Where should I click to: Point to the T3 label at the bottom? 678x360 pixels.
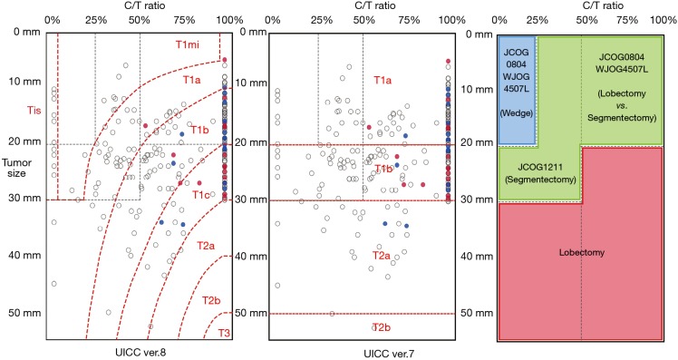[x=222, y=335]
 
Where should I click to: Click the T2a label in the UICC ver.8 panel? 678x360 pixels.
[x=206, y=245]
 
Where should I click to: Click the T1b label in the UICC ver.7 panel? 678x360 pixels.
[x=383, y=168]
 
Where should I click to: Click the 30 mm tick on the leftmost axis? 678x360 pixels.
[x=17, y=199]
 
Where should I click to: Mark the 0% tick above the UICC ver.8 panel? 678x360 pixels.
[x=52, y=19]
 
